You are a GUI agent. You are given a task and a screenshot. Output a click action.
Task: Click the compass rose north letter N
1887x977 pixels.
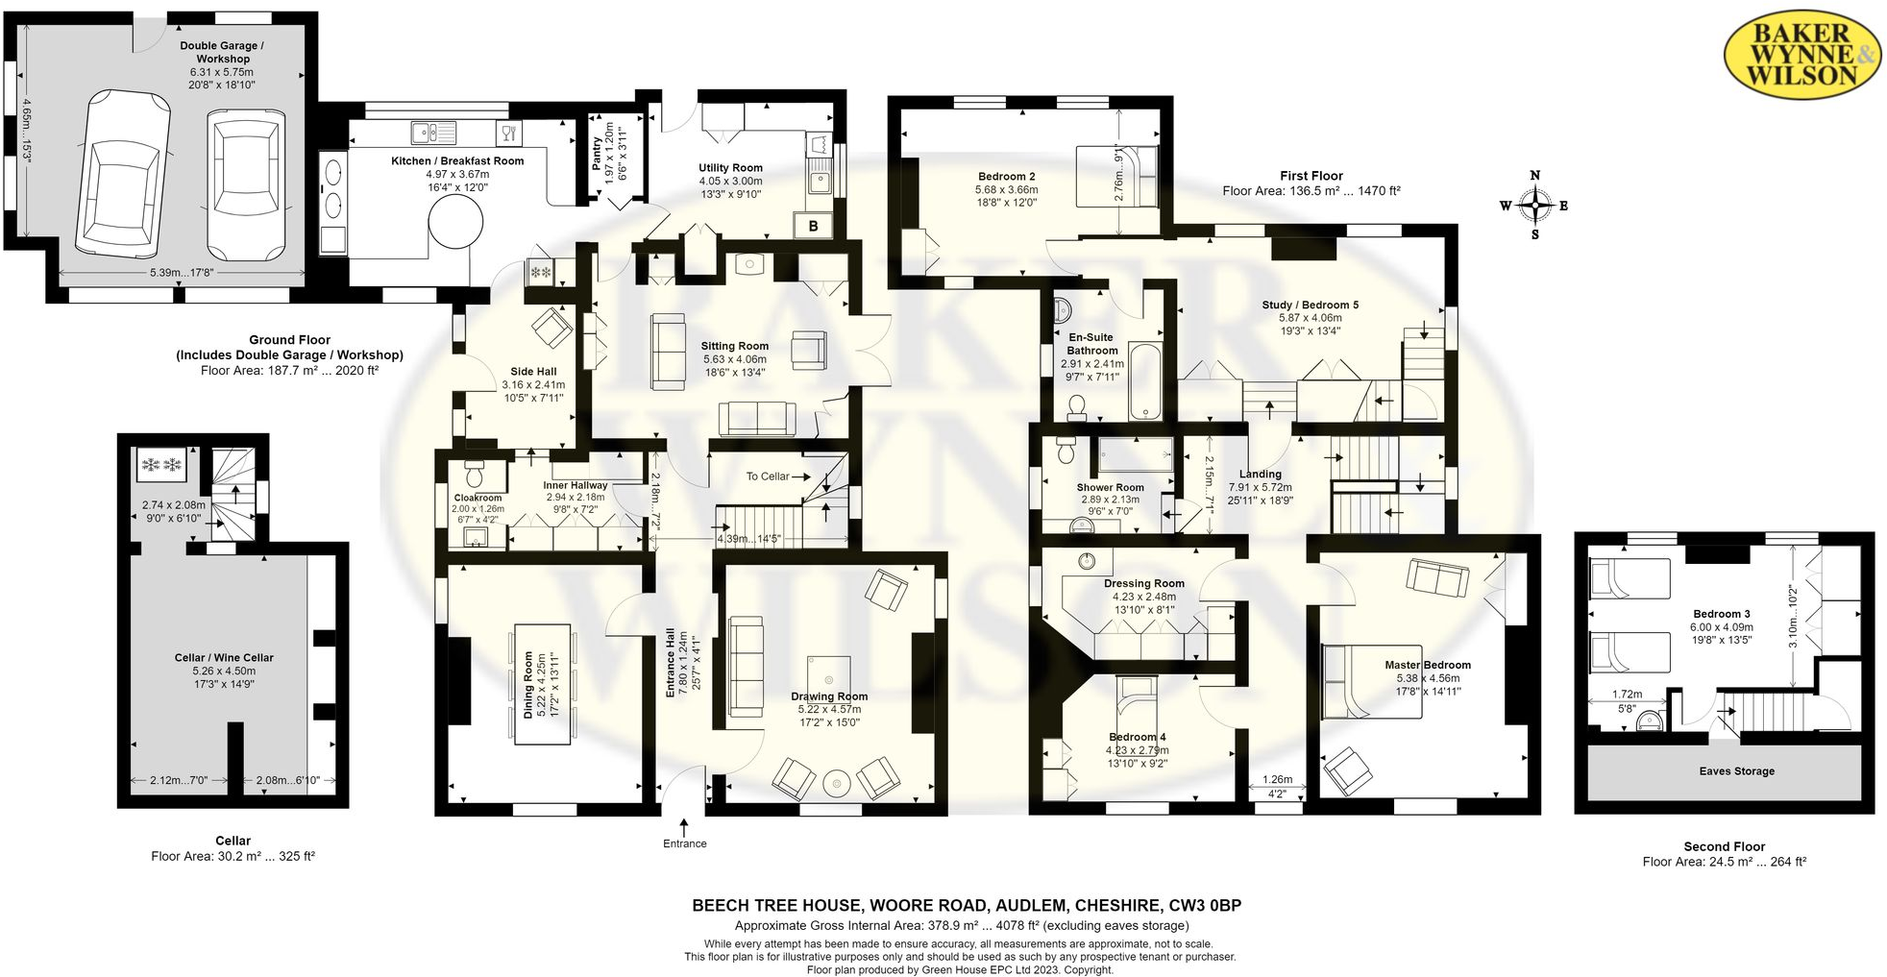(x=1534, y=175)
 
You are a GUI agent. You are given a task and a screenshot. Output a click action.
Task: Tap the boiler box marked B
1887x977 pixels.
(x=814, y=227)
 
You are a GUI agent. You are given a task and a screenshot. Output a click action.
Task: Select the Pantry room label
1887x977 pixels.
(x=597, y=154)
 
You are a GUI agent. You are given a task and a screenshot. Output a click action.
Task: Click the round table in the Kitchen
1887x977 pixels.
(x=455, y=227)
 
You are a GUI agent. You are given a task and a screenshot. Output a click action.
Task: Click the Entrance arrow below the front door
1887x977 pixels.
(x=684, y=825)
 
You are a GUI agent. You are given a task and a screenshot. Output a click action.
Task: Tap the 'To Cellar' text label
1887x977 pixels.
(x=768, y=476)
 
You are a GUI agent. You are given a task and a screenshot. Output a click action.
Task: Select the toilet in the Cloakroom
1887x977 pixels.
(x=474, y=474)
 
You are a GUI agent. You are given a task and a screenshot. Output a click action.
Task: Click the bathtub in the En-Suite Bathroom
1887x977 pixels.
(x=1145, y=380)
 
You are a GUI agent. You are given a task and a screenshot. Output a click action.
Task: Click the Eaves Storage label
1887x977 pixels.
(x=1736, y=771)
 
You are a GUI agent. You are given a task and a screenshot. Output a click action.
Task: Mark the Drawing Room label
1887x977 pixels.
(x=829, y=696)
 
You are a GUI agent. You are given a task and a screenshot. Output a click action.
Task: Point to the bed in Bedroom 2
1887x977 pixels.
(x=1116, y=176)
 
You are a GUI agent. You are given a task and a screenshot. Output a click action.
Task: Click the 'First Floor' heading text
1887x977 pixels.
(x=1311, y=176)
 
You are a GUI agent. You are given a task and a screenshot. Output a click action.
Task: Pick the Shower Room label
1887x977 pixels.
(x=1110, y=488)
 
